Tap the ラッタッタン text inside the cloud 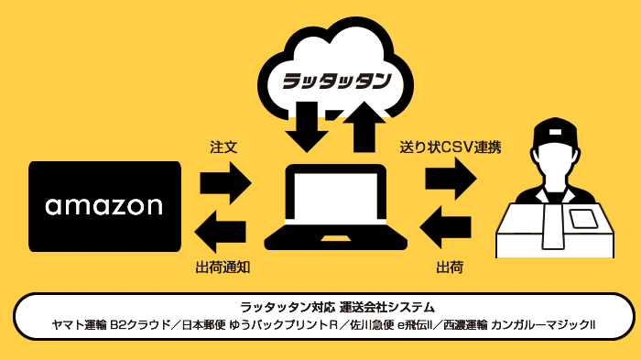coord(336,81)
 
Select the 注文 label coord(223,146)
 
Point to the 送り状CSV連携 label coord(450,146)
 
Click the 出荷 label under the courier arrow coord(449,267)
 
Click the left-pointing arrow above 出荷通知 coord(223,229)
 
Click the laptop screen coord(335,197)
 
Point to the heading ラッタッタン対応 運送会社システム coord(324,306)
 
